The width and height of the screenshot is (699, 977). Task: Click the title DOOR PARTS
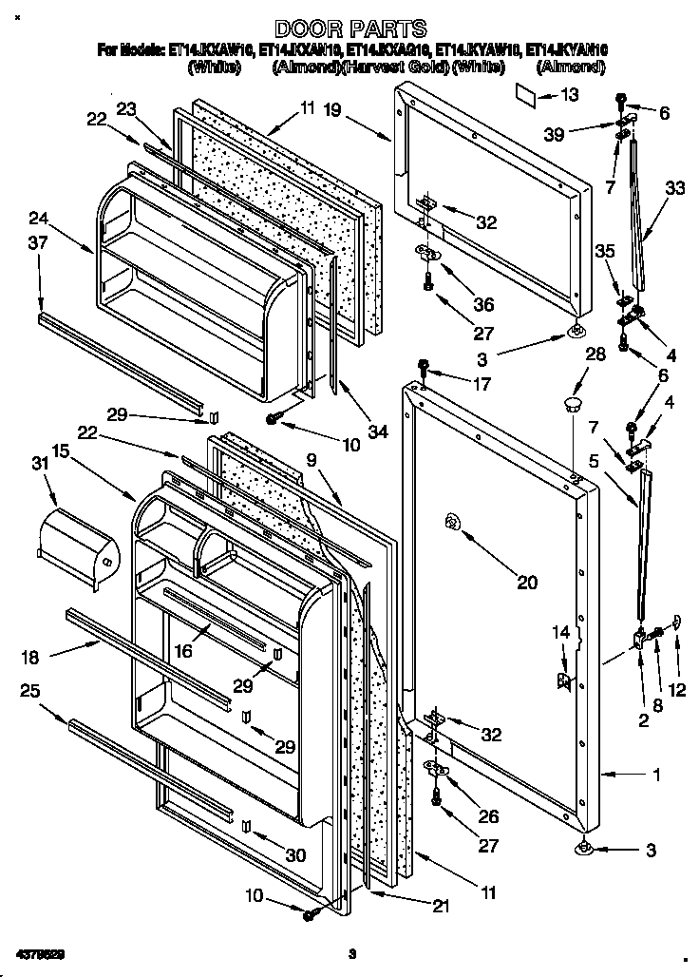pos(349,29)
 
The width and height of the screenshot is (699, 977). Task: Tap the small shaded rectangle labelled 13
pos(527,93)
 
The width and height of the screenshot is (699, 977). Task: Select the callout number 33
pos(674,188)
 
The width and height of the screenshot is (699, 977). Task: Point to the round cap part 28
pos(572,406)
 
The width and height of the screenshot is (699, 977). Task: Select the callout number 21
pos(440,907)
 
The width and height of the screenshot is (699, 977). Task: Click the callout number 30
pos(295,855)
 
